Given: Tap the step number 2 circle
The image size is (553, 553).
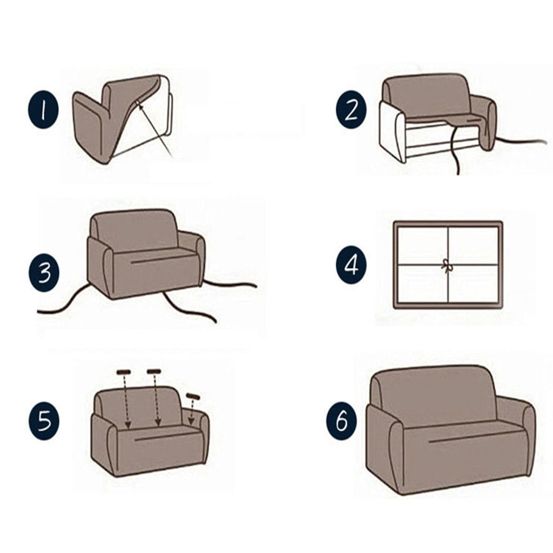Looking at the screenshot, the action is [351, 110].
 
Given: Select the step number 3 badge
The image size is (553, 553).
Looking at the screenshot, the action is [44, 273].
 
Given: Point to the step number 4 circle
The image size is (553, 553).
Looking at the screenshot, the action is [351, 265].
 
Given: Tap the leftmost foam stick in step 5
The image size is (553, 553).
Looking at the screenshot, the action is [124, 372].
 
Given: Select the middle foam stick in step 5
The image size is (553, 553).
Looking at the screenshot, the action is [154, 371].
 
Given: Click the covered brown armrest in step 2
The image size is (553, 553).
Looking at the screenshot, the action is [486, 122].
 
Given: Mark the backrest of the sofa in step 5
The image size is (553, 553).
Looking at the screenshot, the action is [139, 406].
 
